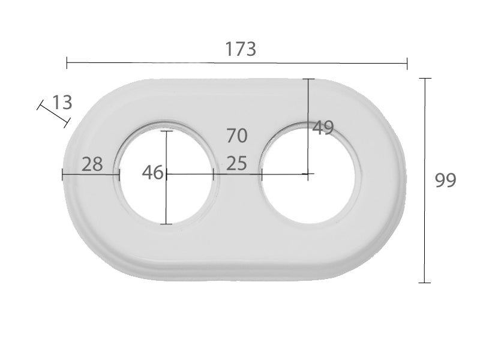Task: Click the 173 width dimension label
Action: click(x=241, y=49)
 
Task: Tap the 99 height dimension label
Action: click(x=445, y=181)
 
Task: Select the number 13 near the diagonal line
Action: click(x=62, y=102)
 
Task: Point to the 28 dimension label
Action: click(x=92, y=164)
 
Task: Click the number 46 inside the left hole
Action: click(x=152, y=172)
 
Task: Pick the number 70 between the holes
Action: click(x=237, y=136)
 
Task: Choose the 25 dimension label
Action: click(x=236, y=163)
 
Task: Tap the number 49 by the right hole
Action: click(x=323, y=128)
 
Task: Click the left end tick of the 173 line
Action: click(x=67, y=63)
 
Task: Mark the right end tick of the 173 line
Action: click(x=407, y=64)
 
